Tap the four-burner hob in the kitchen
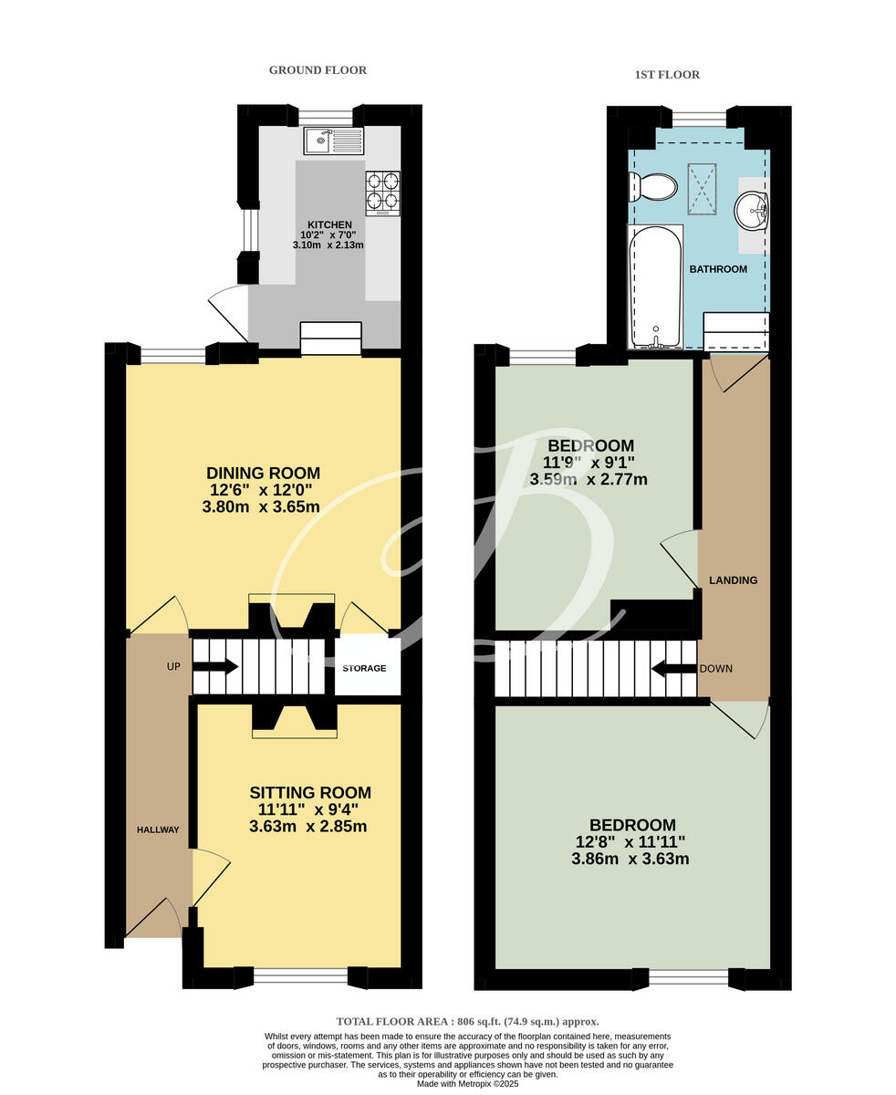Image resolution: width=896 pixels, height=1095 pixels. (x=382, y=193)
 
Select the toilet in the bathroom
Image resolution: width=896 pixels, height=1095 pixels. (x=653, y=188)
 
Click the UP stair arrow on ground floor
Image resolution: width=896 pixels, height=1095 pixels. (x=215, y=667)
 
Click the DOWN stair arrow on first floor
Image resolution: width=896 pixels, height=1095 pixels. (x=672, y=669)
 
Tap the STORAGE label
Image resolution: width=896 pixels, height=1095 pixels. (x=364, y=668)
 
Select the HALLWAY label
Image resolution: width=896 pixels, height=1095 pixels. (x=158, y=829)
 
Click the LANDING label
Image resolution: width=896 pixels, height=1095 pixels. (x=734, y=580)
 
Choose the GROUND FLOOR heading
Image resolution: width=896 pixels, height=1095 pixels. (x=318, y=70)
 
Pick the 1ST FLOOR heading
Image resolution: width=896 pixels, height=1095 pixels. (x=667, y=75)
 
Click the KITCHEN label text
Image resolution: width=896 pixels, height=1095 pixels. (x=329, y=224)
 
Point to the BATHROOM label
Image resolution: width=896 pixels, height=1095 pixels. (x=718, y=269)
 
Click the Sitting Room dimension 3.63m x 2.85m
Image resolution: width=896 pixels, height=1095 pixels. (x=308, y=828)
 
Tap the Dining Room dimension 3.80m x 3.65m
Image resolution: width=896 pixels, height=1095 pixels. (x=261, y=506)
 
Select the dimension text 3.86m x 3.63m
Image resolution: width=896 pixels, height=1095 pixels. (x=630, y=859)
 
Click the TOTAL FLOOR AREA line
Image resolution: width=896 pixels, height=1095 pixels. (x=467, y=1022)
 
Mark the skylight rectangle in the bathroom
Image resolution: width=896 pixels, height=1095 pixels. (x=702, y=188)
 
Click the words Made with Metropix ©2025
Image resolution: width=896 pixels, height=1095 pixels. (x=467, y=1084)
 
